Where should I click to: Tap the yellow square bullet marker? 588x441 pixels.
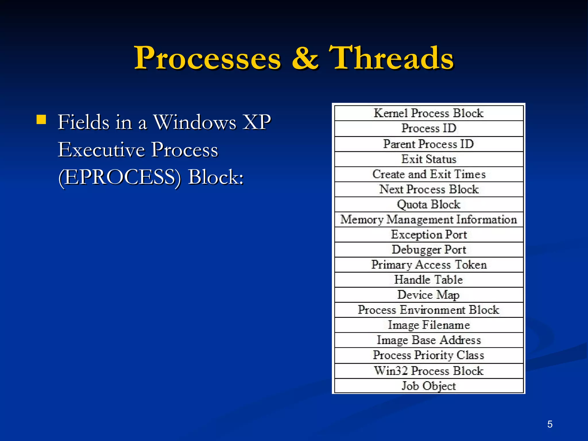41,119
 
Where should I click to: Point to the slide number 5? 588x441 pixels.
550,424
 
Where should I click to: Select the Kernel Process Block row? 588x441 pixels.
429,113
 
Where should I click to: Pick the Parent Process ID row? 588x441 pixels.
429,144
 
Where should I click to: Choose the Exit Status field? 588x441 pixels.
429,159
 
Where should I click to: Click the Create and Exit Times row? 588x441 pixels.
429,174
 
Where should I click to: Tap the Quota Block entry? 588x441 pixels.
429,204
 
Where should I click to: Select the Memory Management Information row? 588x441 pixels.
429,220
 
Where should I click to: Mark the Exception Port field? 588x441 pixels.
429,235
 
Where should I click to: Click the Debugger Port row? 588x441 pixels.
429,250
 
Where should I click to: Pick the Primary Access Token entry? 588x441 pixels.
429,265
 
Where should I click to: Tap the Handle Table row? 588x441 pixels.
429,280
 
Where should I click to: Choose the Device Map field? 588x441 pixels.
429,295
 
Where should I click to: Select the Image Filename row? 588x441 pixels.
429,325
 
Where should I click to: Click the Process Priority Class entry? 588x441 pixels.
429,355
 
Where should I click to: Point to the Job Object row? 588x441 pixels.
429,386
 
